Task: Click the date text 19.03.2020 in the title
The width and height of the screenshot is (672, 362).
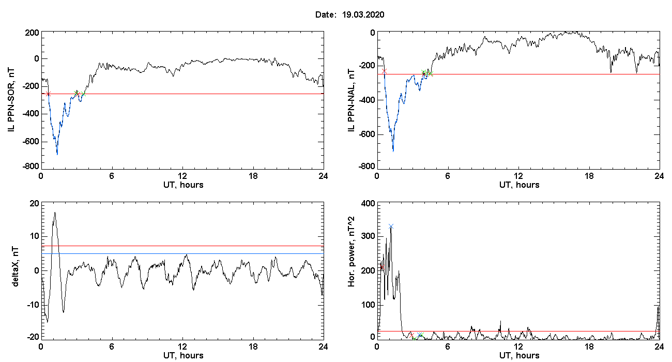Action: coord(363,14)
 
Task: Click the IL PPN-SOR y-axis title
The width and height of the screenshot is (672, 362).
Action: coord(11,100)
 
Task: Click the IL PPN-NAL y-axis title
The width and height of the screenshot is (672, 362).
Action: coord(351,100)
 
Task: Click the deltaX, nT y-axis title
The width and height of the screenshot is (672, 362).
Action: coord(16,267)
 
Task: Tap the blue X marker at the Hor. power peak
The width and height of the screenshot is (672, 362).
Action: coord(391,227)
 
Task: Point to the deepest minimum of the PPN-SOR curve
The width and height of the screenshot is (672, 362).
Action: coord(57,154)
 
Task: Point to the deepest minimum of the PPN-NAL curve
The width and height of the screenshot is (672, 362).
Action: coord(393,151)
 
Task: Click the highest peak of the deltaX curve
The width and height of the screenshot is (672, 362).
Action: coord(55,213)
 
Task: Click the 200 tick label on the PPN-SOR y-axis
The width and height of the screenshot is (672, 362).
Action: coord(32,33)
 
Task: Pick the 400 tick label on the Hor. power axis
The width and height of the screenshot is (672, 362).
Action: coord(368,204)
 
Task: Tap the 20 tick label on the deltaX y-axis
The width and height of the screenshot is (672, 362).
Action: coord(35,204)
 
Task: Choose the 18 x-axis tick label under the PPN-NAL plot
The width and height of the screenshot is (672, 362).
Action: coord(589,176)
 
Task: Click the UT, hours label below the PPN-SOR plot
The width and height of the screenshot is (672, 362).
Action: coord(184,185)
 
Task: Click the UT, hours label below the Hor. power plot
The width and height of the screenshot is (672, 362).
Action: coord(520,355)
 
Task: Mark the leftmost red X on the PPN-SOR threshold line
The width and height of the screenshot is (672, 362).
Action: coord(48,94)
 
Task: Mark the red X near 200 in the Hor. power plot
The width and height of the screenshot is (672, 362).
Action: coord(381,267)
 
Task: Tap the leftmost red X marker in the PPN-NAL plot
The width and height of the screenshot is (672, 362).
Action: coord(384,71)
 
